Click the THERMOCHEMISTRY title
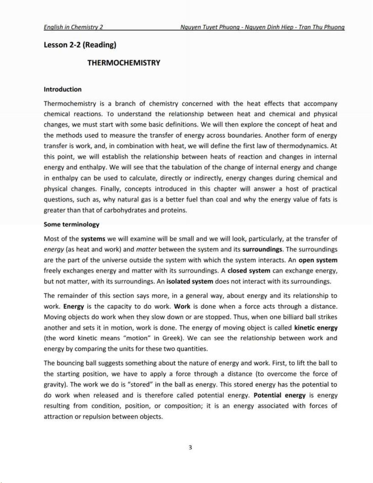124,63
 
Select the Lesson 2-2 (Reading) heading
80,45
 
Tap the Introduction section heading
62,89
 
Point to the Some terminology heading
72,225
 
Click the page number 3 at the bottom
190,447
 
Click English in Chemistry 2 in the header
73,27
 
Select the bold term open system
318,260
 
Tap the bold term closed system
249,271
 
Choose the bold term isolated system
190,281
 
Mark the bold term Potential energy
280,395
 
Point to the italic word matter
146,250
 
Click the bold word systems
93,239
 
